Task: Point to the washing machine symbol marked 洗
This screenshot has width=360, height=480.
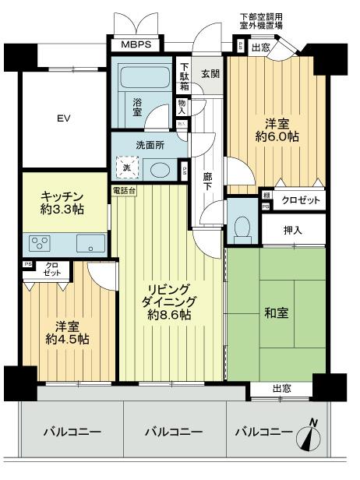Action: [x=126, y=168]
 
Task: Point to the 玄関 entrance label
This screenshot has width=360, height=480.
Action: [x=211, y=74]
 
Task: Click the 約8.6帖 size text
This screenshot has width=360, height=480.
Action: [x=171, y=315]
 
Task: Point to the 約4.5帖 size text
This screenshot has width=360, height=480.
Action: [x=66, y=339]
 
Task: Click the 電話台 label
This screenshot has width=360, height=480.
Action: [x=125, y=189]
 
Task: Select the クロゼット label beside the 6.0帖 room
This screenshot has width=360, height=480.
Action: [x=300, y=200]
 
